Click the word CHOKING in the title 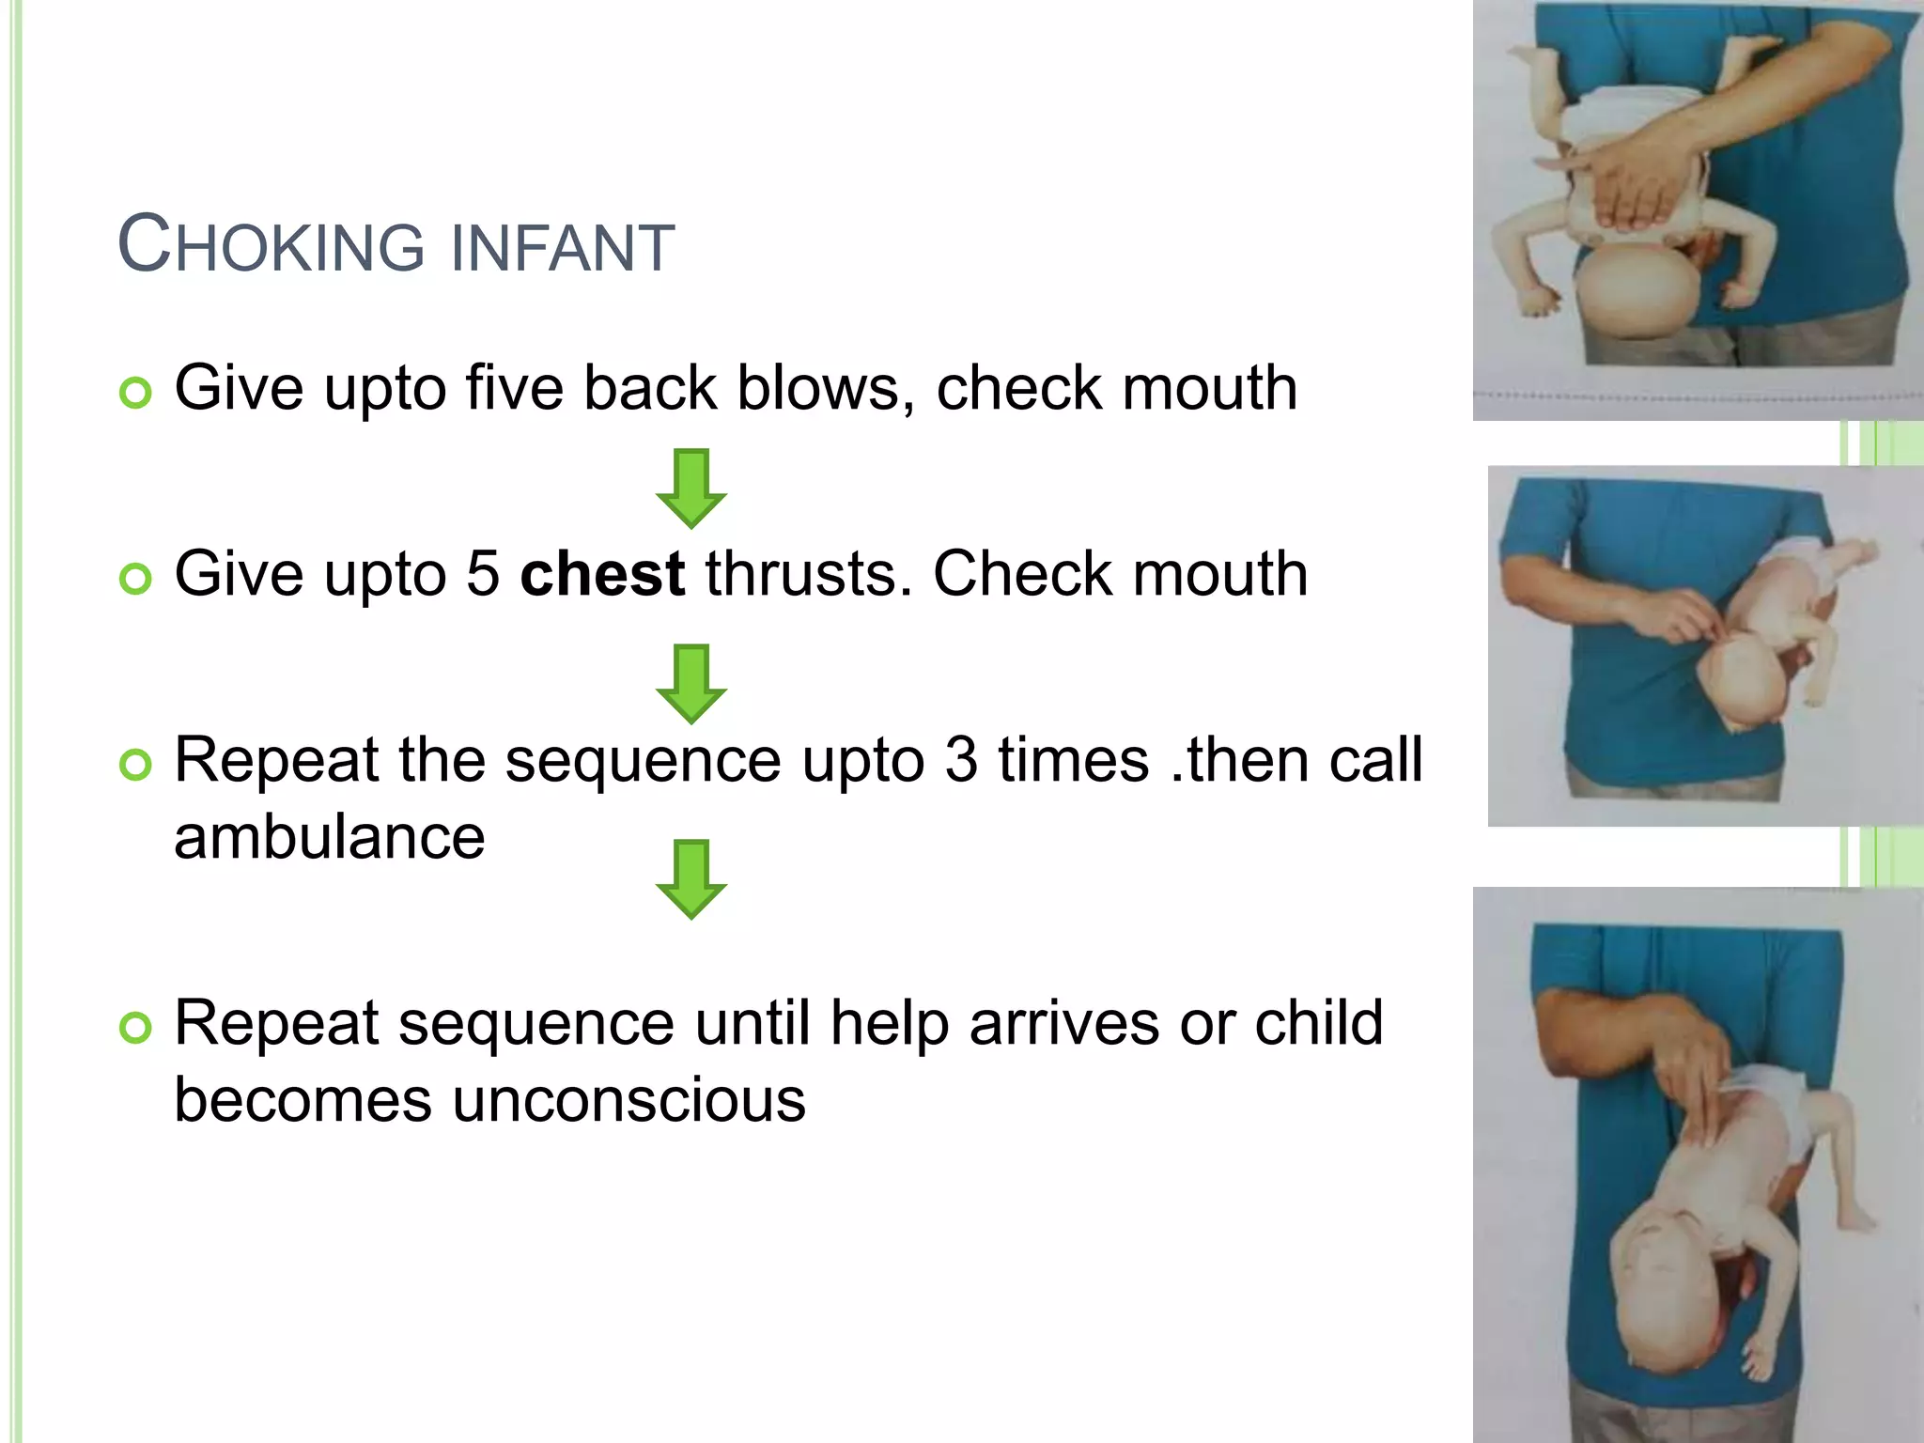[272, 246]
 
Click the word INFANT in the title [563, 248]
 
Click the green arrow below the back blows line [691, 489]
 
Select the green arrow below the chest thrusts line [691, 684]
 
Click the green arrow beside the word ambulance [691, 879]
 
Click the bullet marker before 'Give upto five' [136, 393]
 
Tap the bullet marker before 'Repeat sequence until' [136, 1028]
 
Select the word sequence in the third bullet [643, 761]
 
